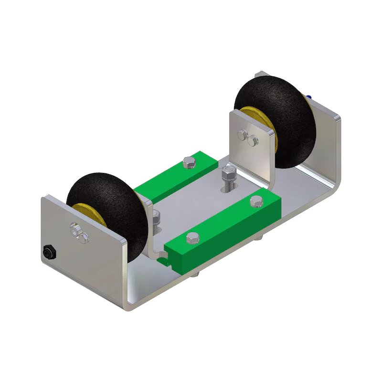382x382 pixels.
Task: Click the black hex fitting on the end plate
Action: tap(48, 252)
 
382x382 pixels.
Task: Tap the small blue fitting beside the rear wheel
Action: tap(311, 97)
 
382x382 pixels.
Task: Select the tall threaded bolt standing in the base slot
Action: tap(228, 177)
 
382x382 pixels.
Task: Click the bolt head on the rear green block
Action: tap(189, 163)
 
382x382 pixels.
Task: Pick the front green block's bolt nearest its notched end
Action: tap(193, 238)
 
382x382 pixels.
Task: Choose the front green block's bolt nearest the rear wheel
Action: tap(255, 202)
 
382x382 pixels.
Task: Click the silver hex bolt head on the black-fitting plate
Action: tap(74, 231)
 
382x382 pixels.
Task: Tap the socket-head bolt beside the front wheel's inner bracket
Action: tap(156, 217)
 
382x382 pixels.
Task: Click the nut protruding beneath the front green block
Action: tap(196, 274)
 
